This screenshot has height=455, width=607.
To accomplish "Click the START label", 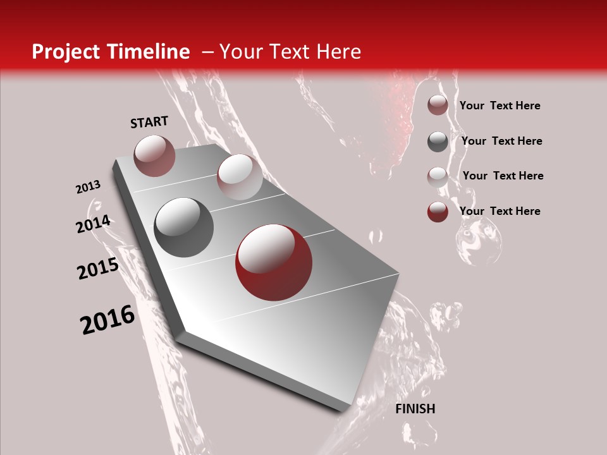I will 149,122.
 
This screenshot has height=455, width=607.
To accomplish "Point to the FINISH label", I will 415,409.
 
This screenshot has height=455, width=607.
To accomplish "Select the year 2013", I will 89,187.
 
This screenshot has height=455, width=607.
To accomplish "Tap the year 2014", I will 94,224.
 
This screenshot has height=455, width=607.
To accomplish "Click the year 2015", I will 98,269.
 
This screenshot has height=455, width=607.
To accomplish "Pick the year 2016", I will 107,320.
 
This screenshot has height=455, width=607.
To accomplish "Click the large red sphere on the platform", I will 274,263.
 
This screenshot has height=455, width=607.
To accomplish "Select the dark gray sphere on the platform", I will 184,227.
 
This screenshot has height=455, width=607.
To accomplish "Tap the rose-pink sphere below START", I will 154,155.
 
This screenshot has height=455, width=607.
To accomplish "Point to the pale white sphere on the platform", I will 240,176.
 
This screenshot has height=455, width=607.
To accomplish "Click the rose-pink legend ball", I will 438,105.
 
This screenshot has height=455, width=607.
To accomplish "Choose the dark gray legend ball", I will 438,141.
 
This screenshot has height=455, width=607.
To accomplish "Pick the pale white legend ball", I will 438,176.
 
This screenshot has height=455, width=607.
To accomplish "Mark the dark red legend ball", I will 438,212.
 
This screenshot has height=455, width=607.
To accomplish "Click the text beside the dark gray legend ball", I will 501,141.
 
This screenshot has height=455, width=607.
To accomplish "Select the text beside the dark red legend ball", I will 500,211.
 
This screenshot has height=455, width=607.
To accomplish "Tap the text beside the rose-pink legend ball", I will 500,106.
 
